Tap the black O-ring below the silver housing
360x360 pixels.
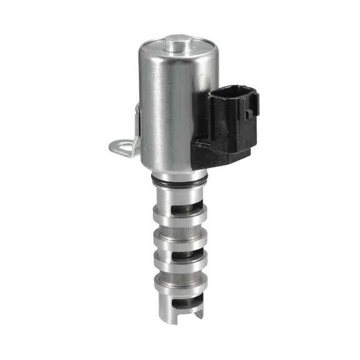pos(179,183)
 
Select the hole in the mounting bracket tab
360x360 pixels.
pos(121,147)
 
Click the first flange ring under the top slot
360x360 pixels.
pos(179,216)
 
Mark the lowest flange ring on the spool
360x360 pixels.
pos(179,287)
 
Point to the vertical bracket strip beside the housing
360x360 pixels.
pos(137,125)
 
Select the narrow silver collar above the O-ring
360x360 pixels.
pos(179,174)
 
